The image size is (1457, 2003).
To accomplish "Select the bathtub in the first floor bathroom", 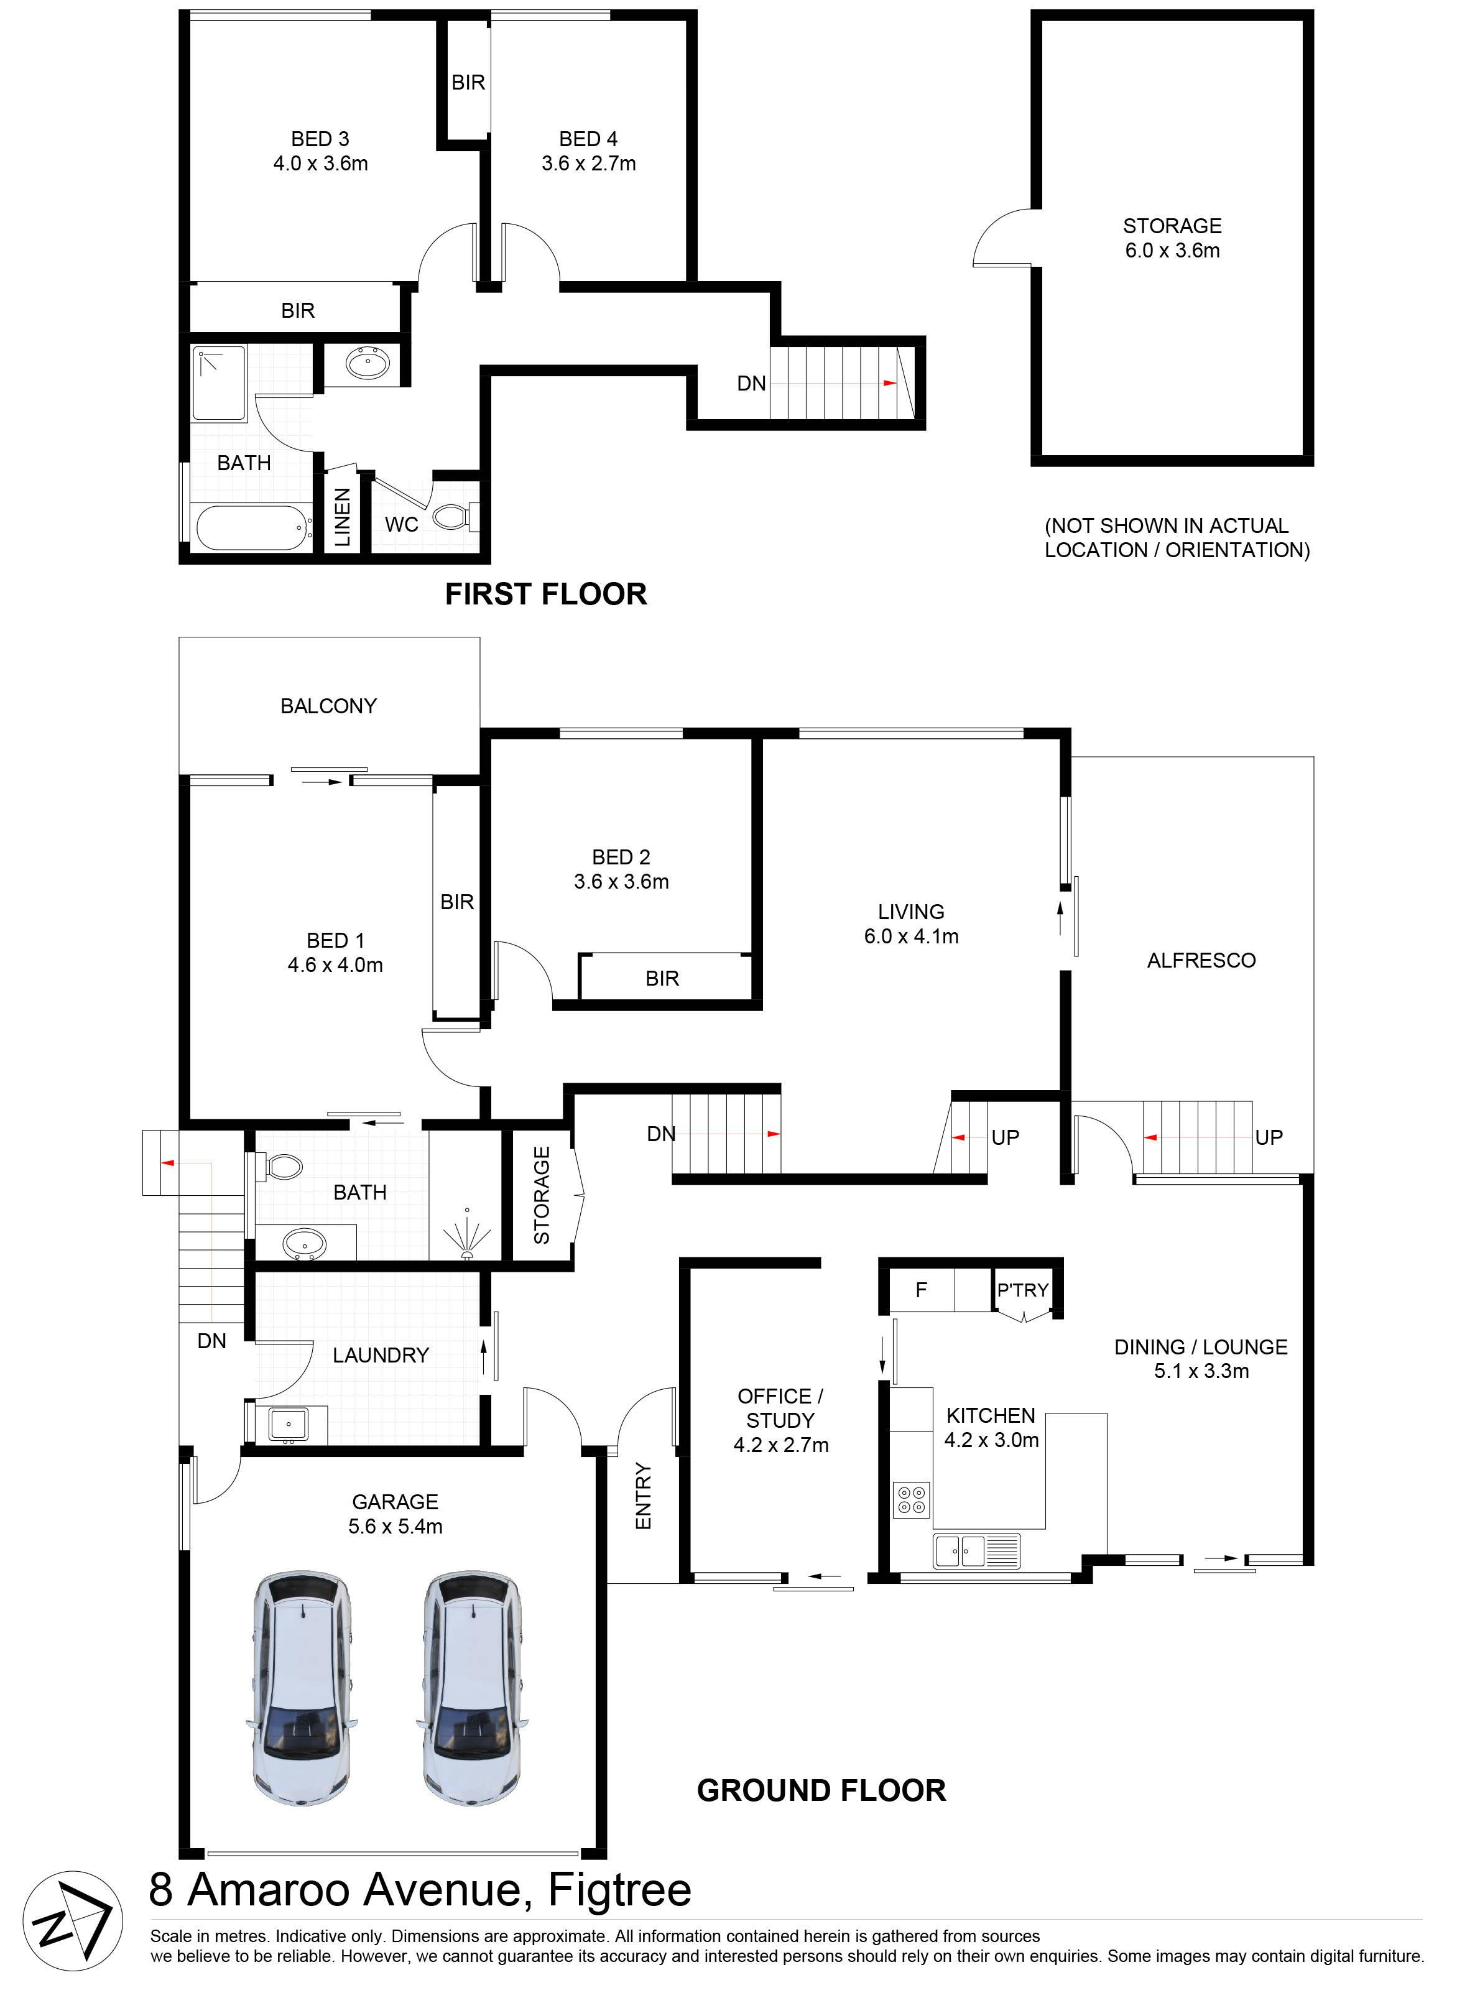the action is tap(254, 527).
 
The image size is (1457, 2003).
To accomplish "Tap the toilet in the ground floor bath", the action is tap(280, 1167).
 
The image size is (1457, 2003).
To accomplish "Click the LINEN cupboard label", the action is tap(343, 517).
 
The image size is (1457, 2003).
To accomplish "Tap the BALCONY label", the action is tap(328, 706).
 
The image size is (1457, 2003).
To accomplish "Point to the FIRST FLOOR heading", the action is tap(546, 593).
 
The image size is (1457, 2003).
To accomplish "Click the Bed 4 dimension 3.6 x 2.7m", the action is tap(588, 164).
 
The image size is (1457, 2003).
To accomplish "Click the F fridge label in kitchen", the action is tap(921, 1290).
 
